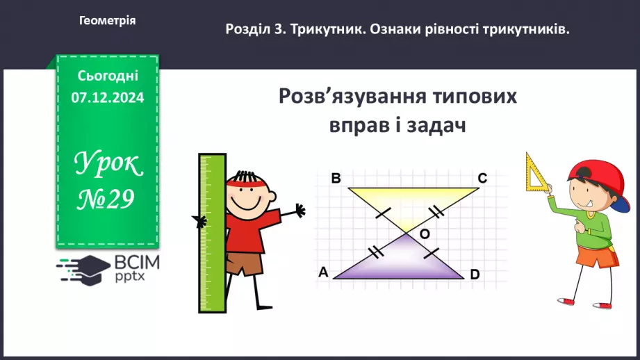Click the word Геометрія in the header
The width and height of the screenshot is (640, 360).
click(108, 21)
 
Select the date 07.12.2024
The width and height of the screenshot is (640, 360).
click(107, 98)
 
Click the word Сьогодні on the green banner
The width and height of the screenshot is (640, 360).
click(108, 76)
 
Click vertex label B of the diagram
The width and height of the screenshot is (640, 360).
click(336, 179)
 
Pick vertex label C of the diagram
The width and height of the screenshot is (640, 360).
click(482, 179)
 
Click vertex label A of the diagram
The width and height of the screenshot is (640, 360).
click(322, 272)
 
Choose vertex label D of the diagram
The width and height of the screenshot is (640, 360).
click(475, 275)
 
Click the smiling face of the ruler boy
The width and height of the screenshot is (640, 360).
click(245, 197)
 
